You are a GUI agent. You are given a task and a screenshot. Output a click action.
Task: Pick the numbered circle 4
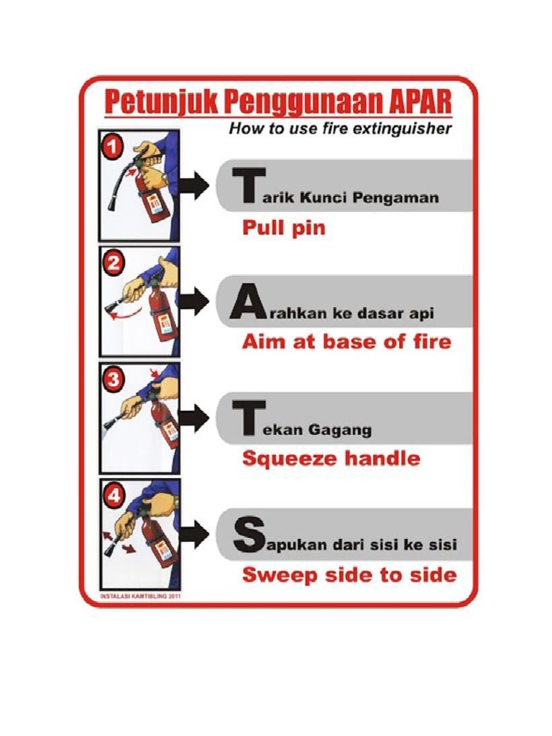tap(114, 494)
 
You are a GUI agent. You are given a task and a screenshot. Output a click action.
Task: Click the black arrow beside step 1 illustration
tap(194, 185)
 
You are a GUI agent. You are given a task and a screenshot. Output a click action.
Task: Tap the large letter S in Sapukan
tap(244, 535)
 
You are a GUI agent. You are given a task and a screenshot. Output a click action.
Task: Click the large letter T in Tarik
tap(244, 187)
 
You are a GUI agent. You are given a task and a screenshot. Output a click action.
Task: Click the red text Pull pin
tap(283, 228)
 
